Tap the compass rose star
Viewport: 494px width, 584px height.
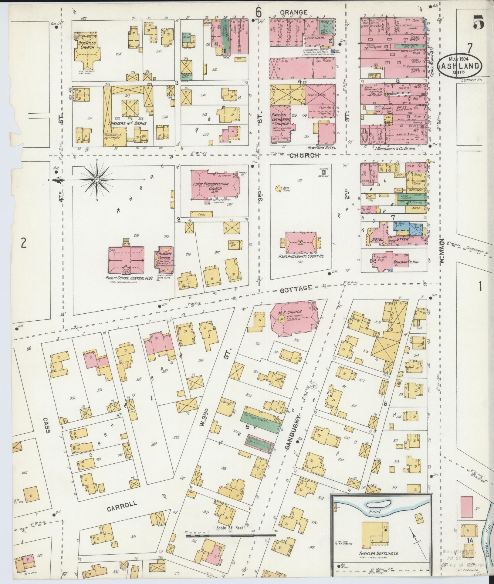(x=96, y=180)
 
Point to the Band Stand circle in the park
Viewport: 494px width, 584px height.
(x=277, y=189)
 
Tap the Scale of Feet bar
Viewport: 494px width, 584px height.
(x=231, y=536)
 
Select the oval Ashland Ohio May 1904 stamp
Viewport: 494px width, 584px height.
(x=460, y=66)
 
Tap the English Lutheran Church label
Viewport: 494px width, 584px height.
(x=281, y=119)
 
